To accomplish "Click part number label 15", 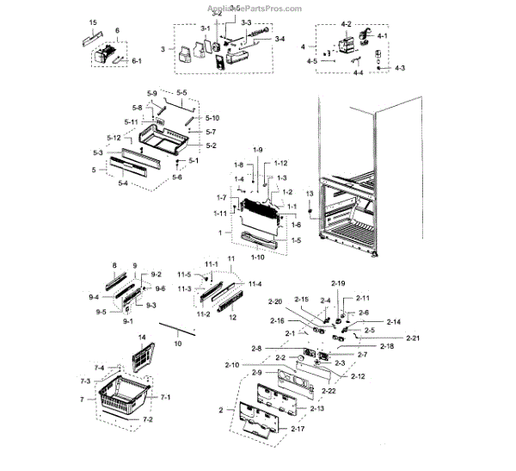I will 93,20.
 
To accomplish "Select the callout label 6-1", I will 137,62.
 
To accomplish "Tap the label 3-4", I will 279,39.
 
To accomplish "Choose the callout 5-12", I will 114,139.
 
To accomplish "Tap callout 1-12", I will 280,163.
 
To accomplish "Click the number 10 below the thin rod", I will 178,344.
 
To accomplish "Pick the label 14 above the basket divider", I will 142,337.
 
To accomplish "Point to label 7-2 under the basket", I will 147,419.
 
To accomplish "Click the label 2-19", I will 338,283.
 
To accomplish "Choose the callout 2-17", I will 298,428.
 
